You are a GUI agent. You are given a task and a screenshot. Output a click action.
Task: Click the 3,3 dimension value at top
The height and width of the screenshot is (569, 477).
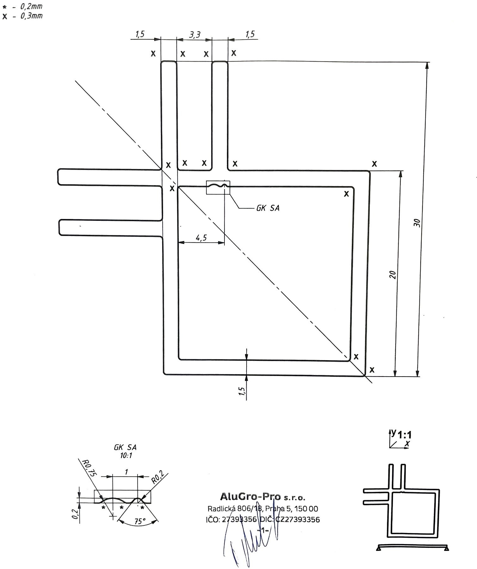tap(195, 34)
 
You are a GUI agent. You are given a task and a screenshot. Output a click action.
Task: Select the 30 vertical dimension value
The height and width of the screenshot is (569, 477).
tap(417, 223)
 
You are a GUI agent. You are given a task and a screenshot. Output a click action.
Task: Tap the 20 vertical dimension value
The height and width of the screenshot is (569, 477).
tap(393, 275)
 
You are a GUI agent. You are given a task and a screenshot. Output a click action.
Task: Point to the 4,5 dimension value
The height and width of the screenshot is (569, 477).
tap(201, 237)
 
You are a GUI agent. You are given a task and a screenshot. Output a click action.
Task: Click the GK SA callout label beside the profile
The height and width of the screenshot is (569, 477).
tap(268, 208)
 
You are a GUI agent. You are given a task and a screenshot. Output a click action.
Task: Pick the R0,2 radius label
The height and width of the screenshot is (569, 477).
tap(158, 477)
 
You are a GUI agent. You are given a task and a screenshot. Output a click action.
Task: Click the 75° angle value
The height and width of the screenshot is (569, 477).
tap(138, 522)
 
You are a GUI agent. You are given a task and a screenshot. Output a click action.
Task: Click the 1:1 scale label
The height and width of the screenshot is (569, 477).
tap(405, 435)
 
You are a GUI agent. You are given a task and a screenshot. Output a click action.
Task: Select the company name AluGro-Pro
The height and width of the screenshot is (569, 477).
tap(250, 497)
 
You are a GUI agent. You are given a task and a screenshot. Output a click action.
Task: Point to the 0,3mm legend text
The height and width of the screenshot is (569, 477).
tap(31, 16)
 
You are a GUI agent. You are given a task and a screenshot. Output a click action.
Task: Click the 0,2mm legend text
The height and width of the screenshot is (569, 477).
tap(31, 6)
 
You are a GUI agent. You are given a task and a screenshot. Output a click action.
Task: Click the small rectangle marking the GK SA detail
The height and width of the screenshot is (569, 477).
tap(218, 188)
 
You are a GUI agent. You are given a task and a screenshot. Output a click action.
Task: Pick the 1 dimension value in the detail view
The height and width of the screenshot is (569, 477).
tap(126, 472)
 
